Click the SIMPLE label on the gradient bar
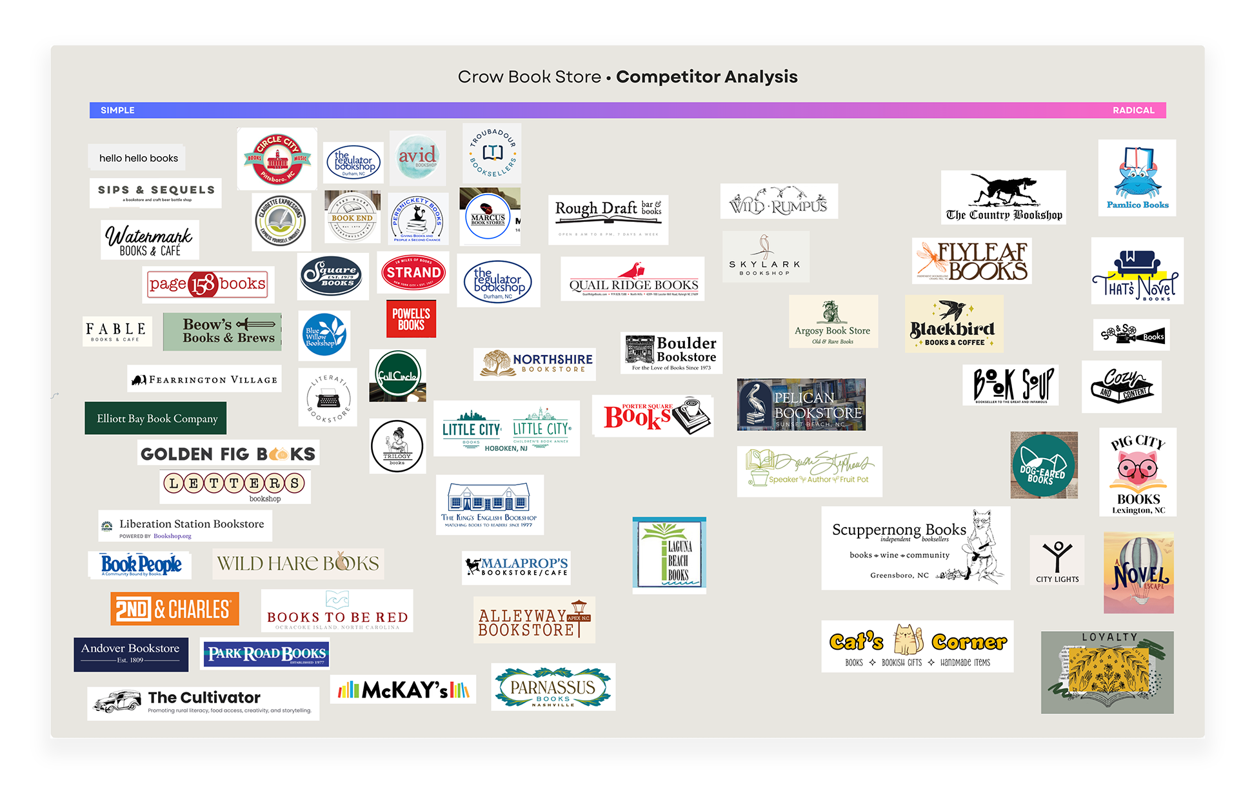[x=117, y=110]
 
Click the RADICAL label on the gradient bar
[x=1133, y=110]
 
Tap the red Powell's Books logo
[x=411, y=319]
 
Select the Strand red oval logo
[x=413, y=272]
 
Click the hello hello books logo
[x=138, y=158]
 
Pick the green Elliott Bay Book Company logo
[x=156, y=419]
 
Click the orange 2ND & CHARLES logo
[x=174, y=609]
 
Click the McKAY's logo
[x=403, y=690]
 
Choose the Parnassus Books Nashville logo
[x=553, y=688]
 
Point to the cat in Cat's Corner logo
[x=907, y=639]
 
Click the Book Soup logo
[x=1010, y=385]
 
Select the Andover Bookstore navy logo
[x=131, y=654]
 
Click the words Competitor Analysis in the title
[x=706, y=77]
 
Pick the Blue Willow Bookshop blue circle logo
[x=324, y=335]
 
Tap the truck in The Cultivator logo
[x=117, y=701]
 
